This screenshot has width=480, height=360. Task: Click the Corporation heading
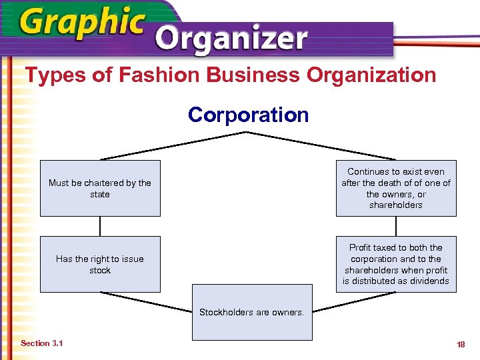(x=248, y=115)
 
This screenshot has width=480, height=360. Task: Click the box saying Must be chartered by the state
(x=100, y=188)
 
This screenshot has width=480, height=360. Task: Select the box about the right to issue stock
(x=100, y=264)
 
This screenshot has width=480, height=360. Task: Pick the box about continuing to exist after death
(x=396, y=188)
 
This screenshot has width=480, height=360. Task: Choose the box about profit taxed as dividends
(x=396, y=264)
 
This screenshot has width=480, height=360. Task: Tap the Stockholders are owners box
(x=251, y=312)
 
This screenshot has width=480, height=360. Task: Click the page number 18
(x=461, y=344)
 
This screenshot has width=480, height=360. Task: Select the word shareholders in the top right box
(x=396, y=205)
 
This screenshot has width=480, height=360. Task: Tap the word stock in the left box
(x=100, y=270)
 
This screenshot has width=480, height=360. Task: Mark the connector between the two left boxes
(x=100, y=226)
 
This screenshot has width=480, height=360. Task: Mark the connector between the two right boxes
(x=396, y=226)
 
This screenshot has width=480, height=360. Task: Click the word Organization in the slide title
(x=371, y=75)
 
